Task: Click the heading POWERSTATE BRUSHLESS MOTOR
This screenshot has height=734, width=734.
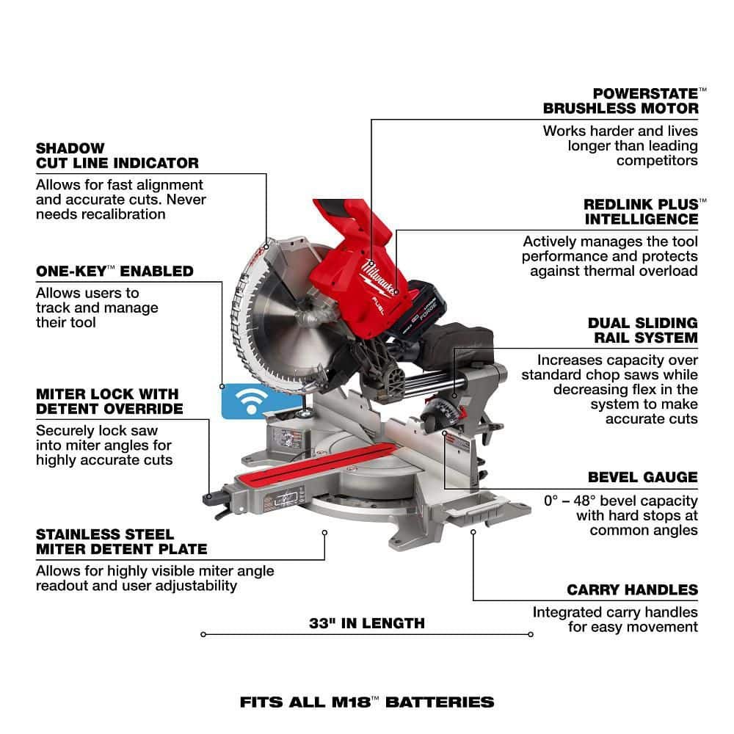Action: coord(625,101)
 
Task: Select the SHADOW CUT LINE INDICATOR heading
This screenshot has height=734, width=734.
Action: coord(117,156)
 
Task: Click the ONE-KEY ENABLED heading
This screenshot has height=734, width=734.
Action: coord(115,271)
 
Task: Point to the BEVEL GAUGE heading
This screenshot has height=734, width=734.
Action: coord(643,477)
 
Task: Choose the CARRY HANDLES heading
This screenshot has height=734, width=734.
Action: coord(633,590)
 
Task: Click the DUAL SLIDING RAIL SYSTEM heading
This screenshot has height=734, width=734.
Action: coord(643,330)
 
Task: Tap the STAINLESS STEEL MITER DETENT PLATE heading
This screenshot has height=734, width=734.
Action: coord(121,542)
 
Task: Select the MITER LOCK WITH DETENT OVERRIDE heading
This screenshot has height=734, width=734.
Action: coord(109,401)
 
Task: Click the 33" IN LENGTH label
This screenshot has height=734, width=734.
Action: coord(367,623)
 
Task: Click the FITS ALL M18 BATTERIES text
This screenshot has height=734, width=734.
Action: coord(367,702)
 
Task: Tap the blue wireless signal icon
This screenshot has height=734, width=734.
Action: coord(251,401)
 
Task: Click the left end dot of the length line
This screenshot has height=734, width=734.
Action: coord(203,634)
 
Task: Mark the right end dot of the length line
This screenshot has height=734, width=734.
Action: coord(531,634)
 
